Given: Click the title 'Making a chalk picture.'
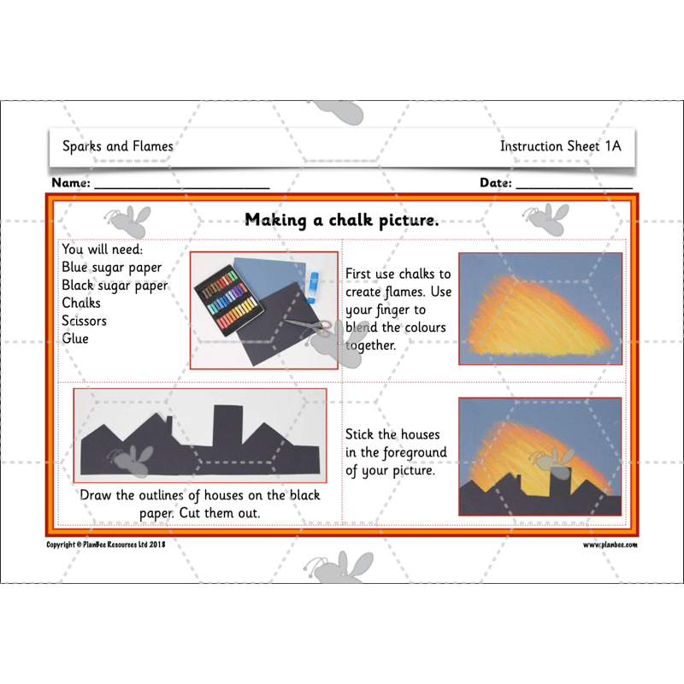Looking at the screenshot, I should point(341,221).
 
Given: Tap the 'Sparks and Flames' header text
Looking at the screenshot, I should point(117,146).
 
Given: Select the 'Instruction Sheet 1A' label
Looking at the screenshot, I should point(560,146).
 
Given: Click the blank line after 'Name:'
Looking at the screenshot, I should point(181,185).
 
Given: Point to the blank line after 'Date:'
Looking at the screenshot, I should point(574,185).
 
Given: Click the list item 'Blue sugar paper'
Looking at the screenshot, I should point(111,267).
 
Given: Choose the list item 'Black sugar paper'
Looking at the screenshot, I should point(115,285).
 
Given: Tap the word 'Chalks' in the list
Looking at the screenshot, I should point(81,303).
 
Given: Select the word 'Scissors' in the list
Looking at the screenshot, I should point(84,321).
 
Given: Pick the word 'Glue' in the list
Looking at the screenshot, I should point(75,339).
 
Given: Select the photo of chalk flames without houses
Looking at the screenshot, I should point(540,310).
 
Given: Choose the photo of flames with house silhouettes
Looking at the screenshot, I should point(540,457).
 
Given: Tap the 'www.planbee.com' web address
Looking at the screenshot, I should point(610,545).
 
